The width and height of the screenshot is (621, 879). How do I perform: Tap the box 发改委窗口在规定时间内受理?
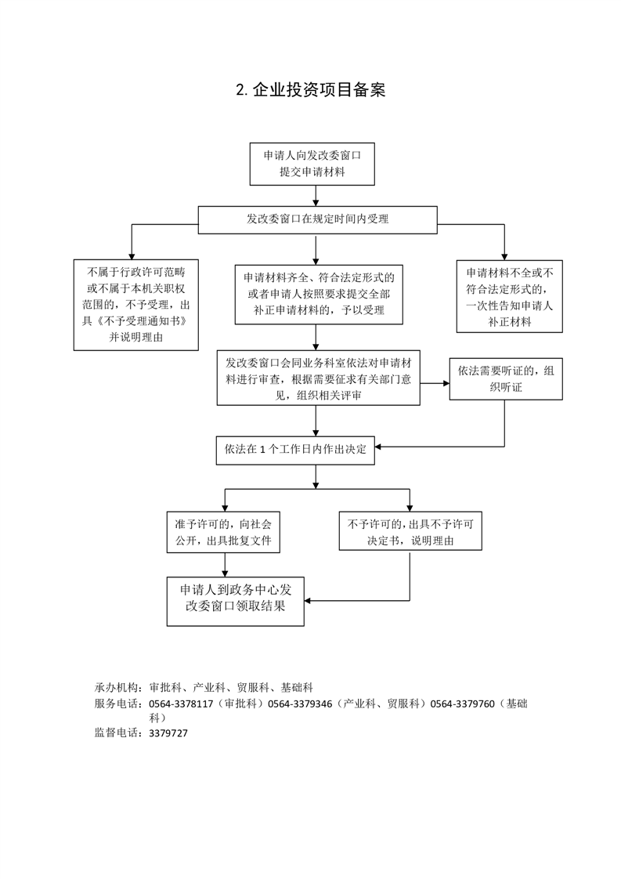point(317,219)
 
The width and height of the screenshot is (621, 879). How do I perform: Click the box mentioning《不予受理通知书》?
point(136,305)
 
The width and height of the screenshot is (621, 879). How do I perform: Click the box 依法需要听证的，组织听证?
point(506,379)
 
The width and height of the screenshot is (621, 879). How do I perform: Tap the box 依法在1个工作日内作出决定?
point(295,450)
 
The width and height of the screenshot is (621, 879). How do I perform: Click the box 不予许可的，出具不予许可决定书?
point(410,532)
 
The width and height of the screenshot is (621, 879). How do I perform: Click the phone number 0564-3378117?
point(180,704)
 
